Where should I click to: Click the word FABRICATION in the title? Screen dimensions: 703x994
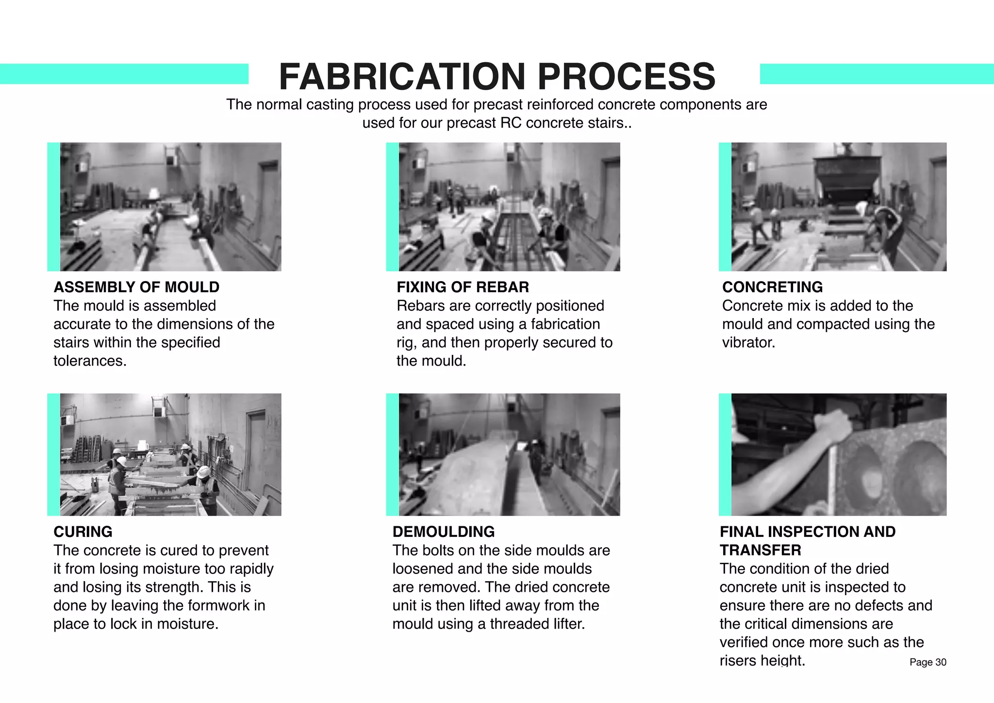click(402, 77)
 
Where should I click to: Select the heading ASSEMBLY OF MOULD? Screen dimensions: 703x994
click(136, 287)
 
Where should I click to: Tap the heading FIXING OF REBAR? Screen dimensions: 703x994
click(463, 287)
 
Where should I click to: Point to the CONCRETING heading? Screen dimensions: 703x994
click(772, 287)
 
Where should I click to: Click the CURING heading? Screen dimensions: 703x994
click(83, 532)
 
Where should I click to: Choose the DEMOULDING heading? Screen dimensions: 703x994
click(443, 532)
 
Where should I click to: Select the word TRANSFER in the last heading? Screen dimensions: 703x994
click(760, 550)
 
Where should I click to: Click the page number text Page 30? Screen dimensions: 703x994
click(928, 662)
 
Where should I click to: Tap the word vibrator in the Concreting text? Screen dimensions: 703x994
click(747, 343)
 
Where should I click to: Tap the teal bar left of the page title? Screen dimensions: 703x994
click(124, 74)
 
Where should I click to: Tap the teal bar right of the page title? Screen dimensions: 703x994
click(876, 74)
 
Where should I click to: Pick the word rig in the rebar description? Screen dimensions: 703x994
click(406, 343)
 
